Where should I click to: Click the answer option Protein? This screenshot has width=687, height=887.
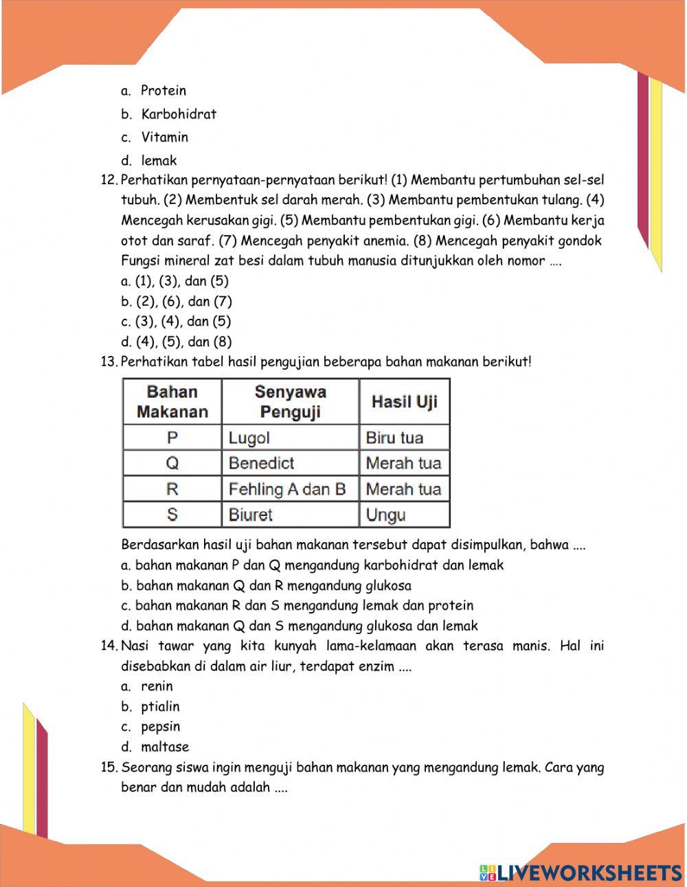click(164, 91)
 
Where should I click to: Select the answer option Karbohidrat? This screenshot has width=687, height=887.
click(179, 114)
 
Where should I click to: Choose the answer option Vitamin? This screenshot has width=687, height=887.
click(165, 137)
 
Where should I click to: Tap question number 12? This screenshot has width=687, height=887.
click(110, 181)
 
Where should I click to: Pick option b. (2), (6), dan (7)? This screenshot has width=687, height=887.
click(177, 301)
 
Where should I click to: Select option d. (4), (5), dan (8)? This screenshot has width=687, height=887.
click(177, 341)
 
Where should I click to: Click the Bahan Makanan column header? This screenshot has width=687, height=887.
click(172, 402)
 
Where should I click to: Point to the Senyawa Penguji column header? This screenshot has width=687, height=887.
click(290, 402)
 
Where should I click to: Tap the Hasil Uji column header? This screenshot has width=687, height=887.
click(404, 402)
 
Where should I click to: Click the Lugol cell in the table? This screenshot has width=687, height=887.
click(249, 438)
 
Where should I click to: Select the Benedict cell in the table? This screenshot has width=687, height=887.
click(261, 463)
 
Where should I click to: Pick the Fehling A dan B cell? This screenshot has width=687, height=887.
click(287, 489)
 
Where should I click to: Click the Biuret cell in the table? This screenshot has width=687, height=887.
click(251, 515)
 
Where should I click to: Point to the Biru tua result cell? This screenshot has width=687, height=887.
click(394, 438)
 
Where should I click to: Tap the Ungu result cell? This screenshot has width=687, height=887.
click(385, 515)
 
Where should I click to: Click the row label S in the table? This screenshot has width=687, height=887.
click(172, 515)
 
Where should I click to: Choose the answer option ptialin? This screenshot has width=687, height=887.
click(160, 706)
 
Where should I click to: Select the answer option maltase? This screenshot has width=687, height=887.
click(165, 747)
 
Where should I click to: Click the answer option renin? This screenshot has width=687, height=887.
click(157, 686)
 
